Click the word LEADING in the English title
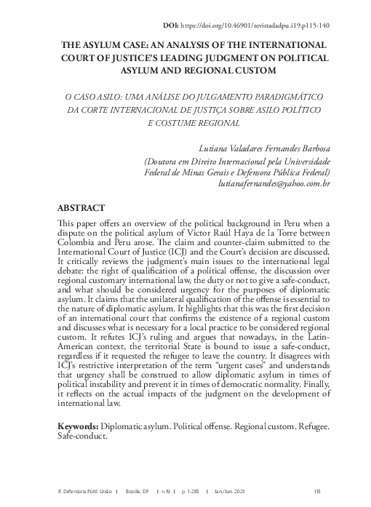tap(217, 57)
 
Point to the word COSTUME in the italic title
tap(203, 123)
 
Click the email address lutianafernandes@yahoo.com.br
tap(274, 185)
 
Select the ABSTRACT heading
tap(82, 207)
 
